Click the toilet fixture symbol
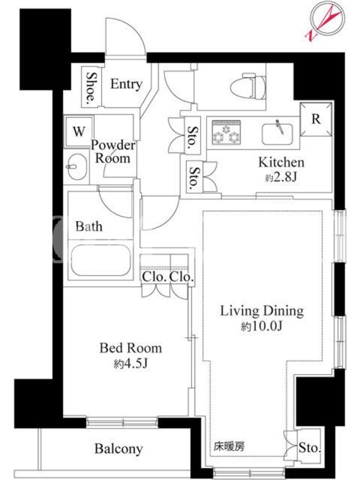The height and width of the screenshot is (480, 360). pos(248,86)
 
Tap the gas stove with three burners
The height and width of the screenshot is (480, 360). pos(226,132)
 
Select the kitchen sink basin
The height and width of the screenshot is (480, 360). pos(277,134)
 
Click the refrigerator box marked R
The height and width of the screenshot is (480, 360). pos(316,119)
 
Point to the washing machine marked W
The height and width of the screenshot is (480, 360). pos(79,131)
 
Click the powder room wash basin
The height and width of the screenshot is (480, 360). pos(77,167)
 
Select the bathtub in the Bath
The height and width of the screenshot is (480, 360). pos(101,260)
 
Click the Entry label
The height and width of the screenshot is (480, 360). pos(126,84)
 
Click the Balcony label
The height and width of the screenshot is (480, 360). pos(118,448)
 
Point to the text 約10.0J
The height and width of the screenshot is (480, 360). pos(261,326)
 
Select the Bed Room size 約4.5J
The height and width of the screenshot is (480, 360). pos(131,364)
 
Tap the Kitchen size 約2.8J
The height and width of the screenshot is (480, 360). pos(281,177)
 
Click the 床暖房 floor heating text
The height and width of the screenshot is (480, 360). pos(229,446)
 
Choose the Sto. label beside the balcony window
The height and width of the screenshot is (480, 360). pos(310,448)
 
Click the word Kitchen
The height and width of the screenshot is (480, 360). pos(281,162)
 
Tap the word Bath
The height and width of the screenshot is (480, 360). pos(89,226)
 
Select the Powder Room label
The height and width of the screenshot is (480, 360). pos(113,152)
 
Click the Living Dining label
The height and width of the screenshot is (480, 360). pos(262,311)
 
